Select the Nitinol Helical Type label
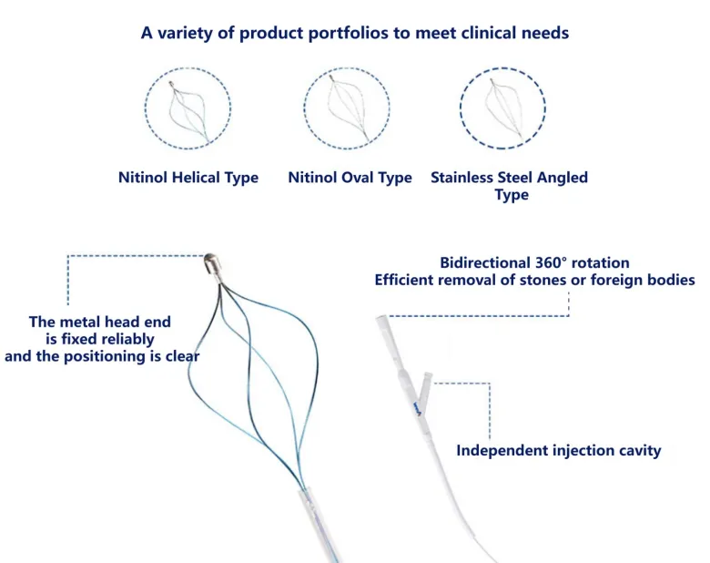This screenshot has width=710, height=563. (188, 178)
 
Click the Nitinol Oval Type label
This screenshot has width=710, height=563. (350, 178)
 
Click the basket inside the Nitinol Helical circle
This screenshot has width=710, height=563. (188, 111)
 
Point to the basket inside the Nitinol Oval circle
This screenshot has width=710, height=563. (349, 107)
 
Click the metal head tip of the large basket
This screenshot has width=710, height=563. (211, 263)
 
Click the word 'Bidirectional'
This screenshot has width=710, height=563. (485, 263)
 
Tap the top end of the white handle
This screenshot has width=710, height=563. (380, 318)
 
